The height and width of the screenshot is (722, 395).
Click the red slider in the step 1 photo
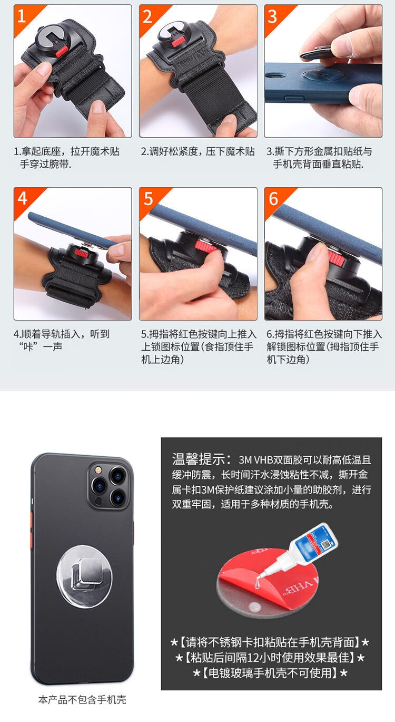62,51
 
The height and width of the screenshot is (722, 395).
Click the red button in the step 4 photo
79,251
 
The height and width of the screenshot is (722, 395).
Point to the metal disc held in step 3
316,53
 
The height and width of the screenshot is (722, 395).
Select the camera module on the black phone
108,486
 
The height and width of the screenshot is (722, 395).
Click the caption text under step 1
66,158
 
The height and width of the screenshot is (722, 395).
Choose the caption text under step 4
62,340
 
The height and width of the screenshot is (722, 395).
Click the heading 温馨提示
201,459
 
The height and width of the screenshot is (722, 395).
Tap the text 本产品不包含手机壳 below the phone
82,699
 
